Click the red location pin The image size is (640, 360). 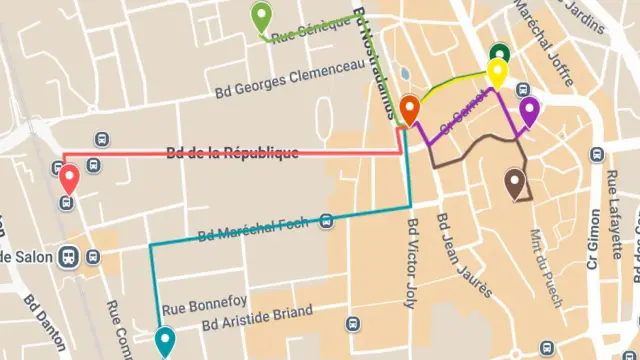click(69, 180)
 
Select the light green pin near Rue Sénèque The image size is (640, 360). click(261, 17)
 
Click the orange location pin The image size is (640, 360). click(409, 108)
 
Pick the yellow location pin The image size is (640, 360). click(496, 72)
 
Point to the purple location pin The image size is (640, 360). click(528, 110)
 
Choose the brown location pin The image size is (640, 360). click(515, 182)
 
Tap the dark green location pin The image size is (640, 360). click(499, 54)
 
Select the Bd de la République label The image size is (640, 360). click(232, 153)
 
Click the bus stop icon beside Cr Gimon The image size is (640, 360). click(597, 154)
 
